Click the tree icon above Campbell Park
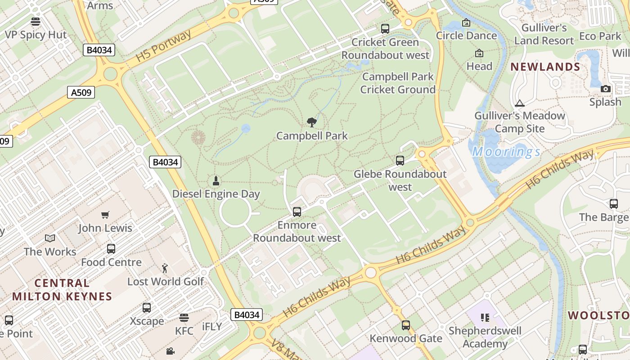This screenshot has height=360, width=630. point(311,122)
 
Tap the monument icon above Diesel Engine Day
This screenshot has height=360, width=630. point(216,181)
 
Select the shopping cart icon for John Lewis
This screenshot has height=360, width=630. point(105,215)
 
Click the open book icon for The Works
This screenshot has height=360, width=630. point(50,238)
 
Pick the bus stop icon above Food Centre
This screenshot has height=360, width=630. point(111,249)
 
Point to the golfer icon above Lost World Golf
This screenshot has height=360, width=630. point(165,268)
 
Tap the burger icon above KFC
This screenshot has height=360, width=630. point(184,318)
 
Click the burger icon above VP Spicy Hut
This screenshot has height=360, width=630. point(36,22)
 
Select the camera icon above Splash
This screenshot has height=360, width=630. point(606,89)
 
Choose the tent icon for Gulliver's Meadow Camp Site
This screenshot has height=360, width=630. point(520,103)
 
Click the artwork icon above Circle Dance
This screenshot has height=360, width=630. point(466,22)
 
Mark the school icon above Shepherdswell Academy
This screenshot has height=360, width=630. point(485,318)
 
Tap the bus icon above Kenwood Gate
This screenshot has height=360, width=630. point(406,325)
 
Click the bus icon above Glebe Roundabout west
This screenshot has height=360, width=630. point(400,161)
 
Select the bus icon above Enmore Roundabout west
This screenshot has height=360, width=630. point(297,211)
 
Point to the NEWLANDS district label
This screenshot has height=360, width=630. point(545,67)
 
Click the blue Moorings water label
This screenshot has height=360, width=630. point(506,152)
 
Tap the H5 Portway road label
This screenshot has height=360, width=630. point(163,45)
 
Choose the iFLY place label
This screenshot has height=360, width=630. point(212,327)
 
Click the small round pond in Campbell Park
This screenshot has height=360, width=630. point(246,129)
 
